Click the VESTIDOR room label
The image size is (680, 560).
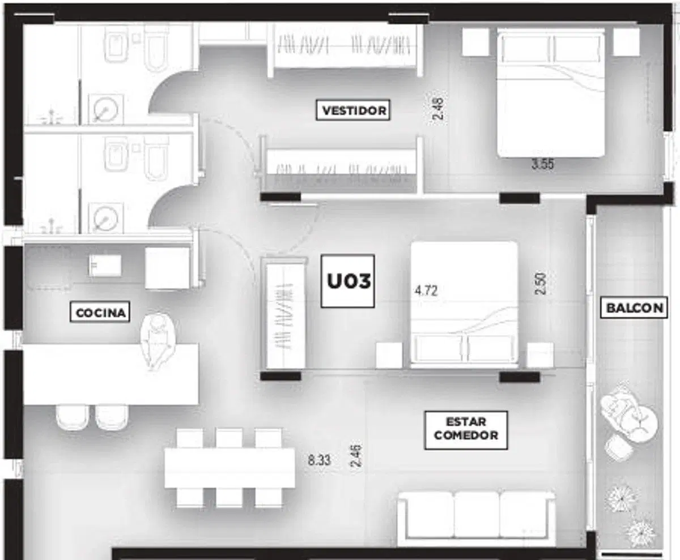[x=353, y=110]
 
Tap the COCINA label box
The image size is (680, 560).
[x=100, y=312]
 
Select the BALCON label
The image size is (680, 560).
[x=634, y=307]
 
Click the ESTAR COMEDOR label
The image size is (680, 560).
[x=466, y=430]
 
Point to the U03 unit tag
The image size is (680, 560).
[x=348, y=281]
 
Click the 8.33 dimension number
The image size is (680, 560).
[x=319, y=460]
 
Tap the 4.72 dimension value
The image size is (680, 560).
[x=426, y=290]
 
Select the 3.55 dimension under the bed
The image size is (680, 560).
[x=542, y=164]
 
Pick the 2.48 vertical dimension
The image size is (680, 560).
[x=439, y=109]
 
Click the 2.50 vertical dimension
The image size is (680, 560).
[x=540, y=284]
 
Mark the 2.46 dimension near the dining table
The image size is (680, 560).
[x=356, y=456]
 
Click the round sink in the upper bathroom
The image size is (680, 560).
[x=105, y=109]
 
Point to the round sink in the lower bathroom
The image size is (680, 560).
[x=105, y=217]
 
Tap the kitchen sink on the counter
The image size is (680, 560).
[x=105, y=266]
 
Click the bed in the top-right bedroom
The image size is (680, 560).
[x=551, y=93]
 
